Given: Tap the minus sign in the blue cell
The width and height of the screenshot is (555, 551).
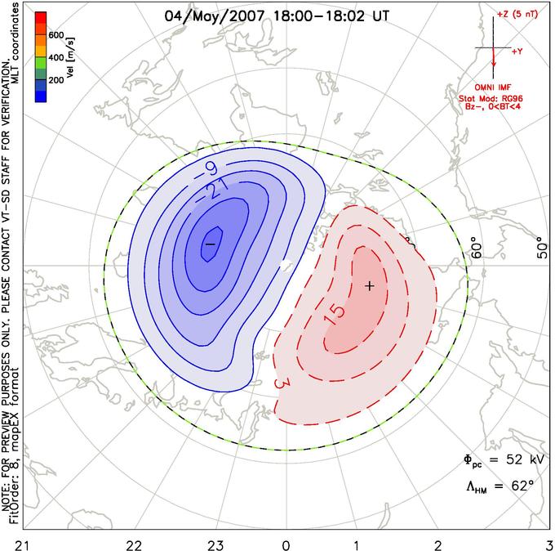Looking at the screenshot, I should [x=210, y=244].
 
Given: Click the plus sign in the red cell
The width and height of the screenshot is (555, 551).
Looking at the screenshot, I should [x=370, y=285].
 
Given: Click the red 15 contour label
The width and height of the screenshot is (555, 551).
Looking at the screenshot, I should [x=336, y=311].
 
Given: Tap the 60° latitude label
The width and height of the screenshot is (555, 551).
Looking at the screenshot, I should [x=477, y=249].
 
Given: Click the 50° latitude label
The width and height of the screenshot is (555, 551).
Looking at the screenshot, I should [x=541, y=249].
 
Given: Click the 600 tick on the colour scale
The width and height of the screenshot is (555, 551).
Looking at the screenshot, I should [x=55, y=36].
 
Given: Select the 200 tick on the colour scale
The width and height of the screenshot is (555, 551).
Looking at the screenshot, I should [x=55, y=80].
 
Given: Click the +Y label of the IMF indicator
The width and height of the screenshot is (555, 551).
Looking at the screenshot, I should [x=517, y=51].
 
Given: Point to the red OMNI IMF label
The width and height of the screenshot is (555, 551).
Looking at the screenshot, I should [x=495, y=87].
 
